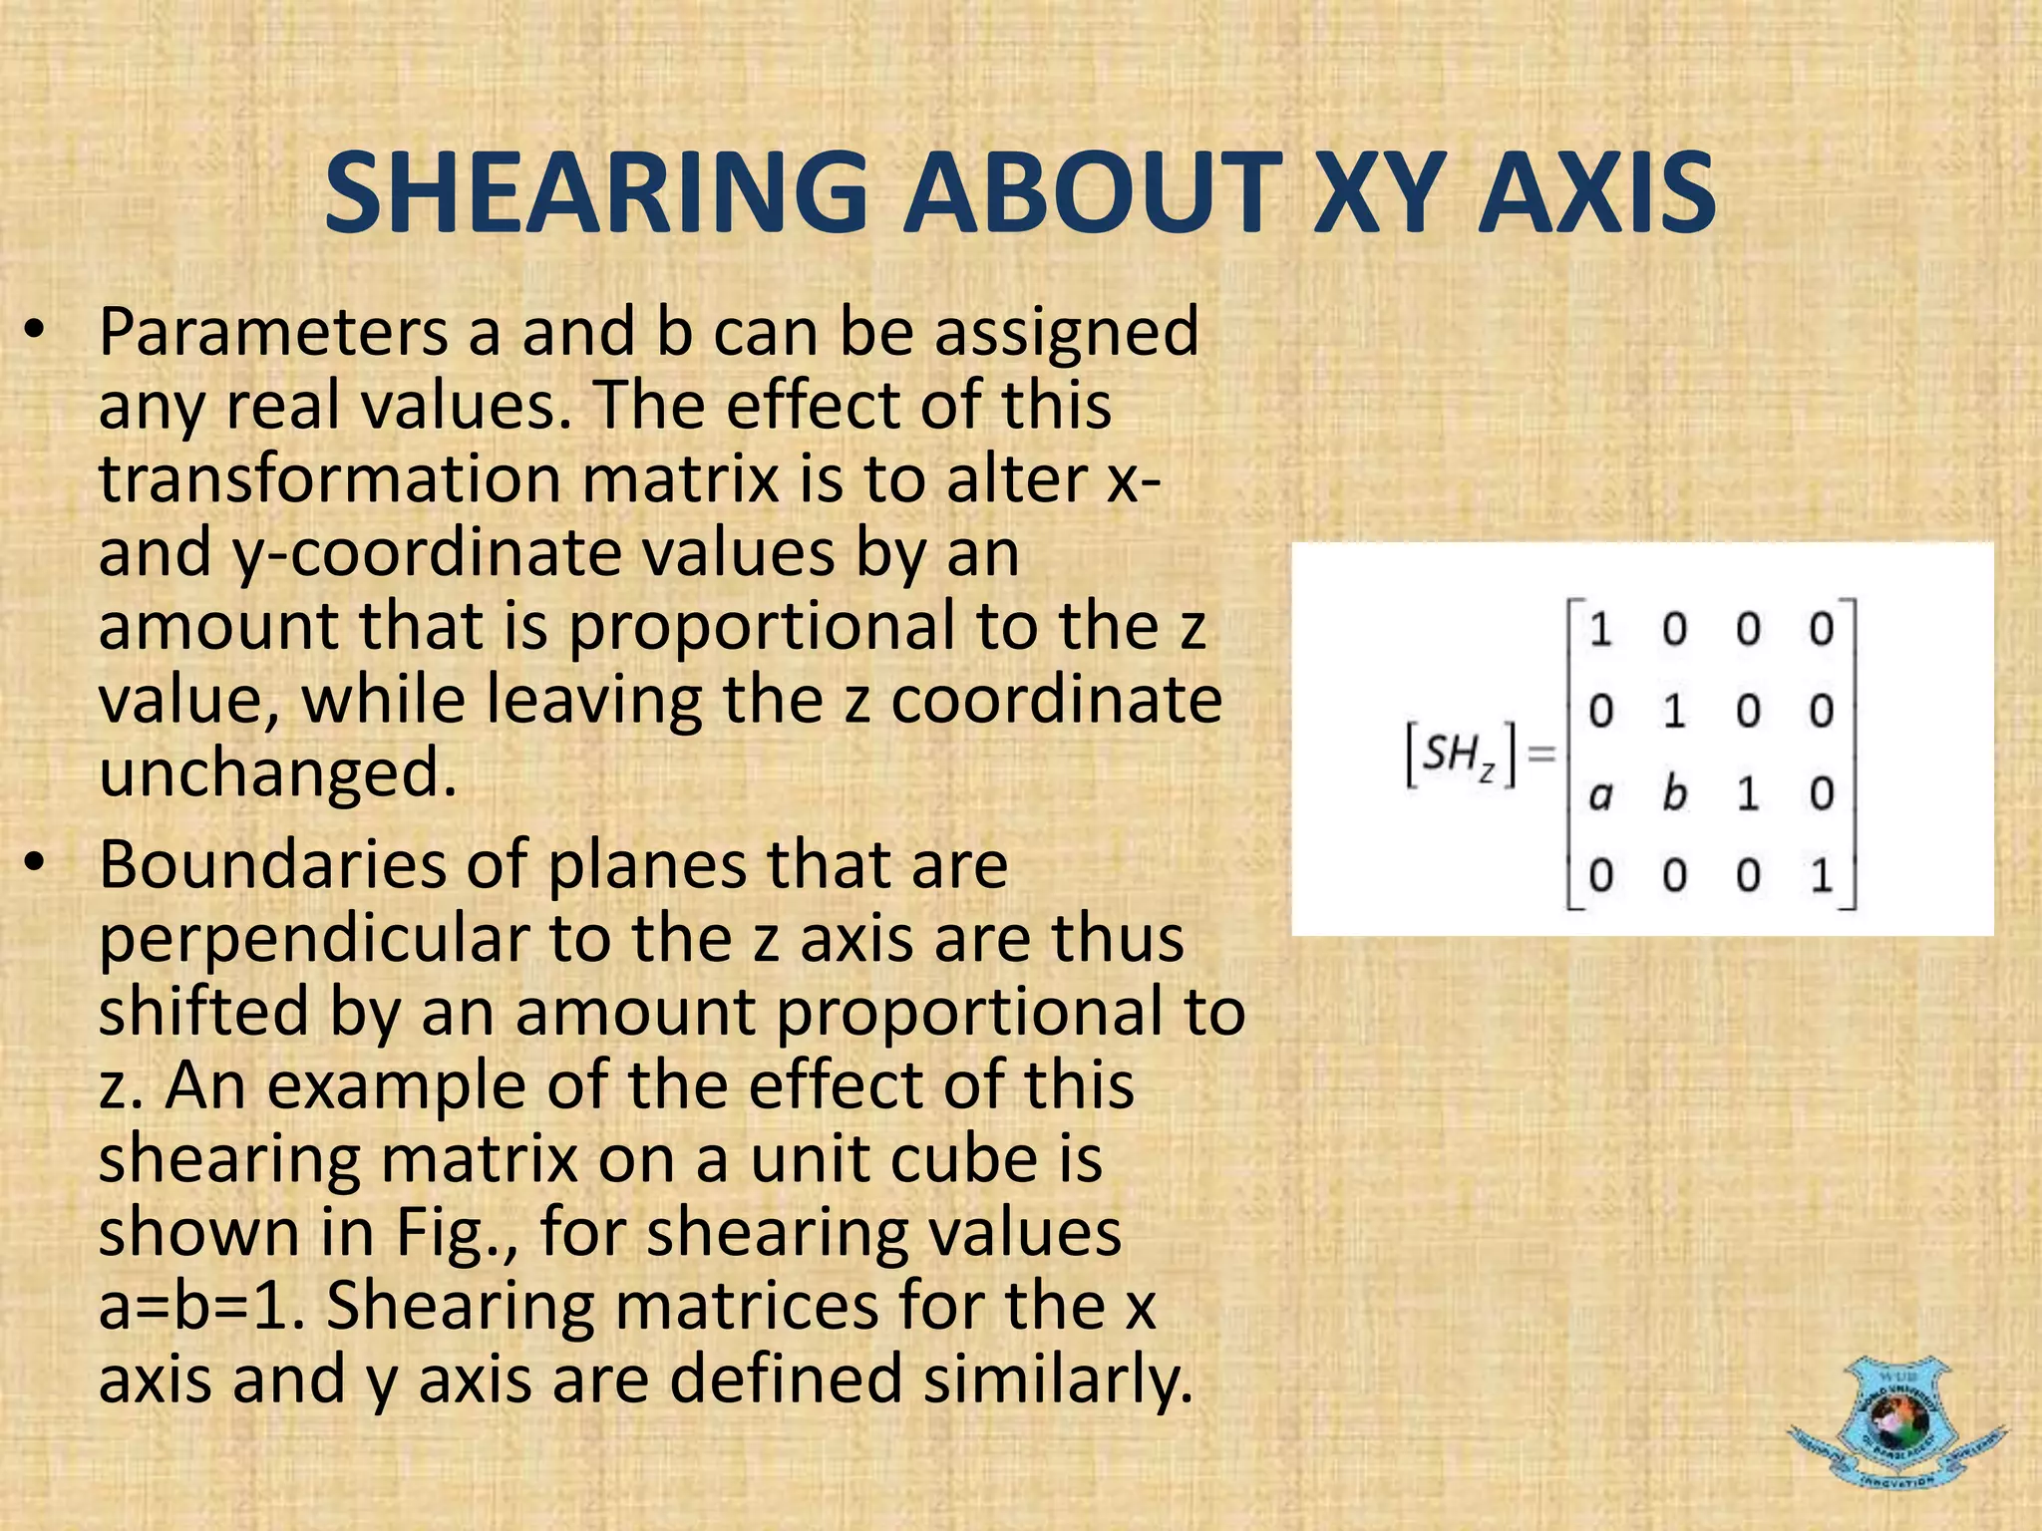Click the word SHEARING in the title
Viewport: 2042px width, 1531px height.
click(x=596, y=192)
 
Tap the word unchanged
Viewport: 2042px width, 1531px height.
click(x=277, y=773)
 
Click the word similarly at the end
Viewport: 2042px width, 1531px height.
click(x=1057, y=1379)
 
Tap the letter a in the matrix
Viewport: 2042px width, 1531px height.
click(x=1600, y=794)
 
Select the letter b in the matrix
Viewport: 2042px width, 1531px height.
click(x=1674, y=793)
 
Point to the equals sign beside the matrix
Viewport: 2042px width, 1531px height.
click(x=1541, y=755)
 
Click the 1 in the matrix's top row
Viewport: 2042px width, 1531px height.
click(x=1600, y=630)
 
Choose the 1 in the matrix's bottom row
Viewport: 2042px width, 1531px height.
click(x=1822, y=876)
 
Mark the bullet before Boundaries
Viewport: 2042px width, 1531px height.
click(x=36, y=864)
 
